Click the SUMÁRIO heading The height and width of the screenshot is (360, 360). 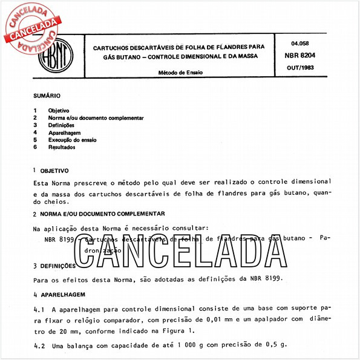click(x=47, y=96)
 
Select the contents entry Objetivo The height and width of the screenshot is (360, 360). click(x=58, y=110)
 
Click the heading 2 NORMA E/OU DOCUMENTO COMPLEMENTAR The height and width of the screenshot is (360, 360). click(x=99, y=214)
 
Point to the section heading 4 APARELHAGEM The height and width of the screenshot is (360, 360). click(x=59, y=294)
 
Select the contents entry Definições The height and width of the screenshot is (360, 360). click(x=61, y=125)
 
